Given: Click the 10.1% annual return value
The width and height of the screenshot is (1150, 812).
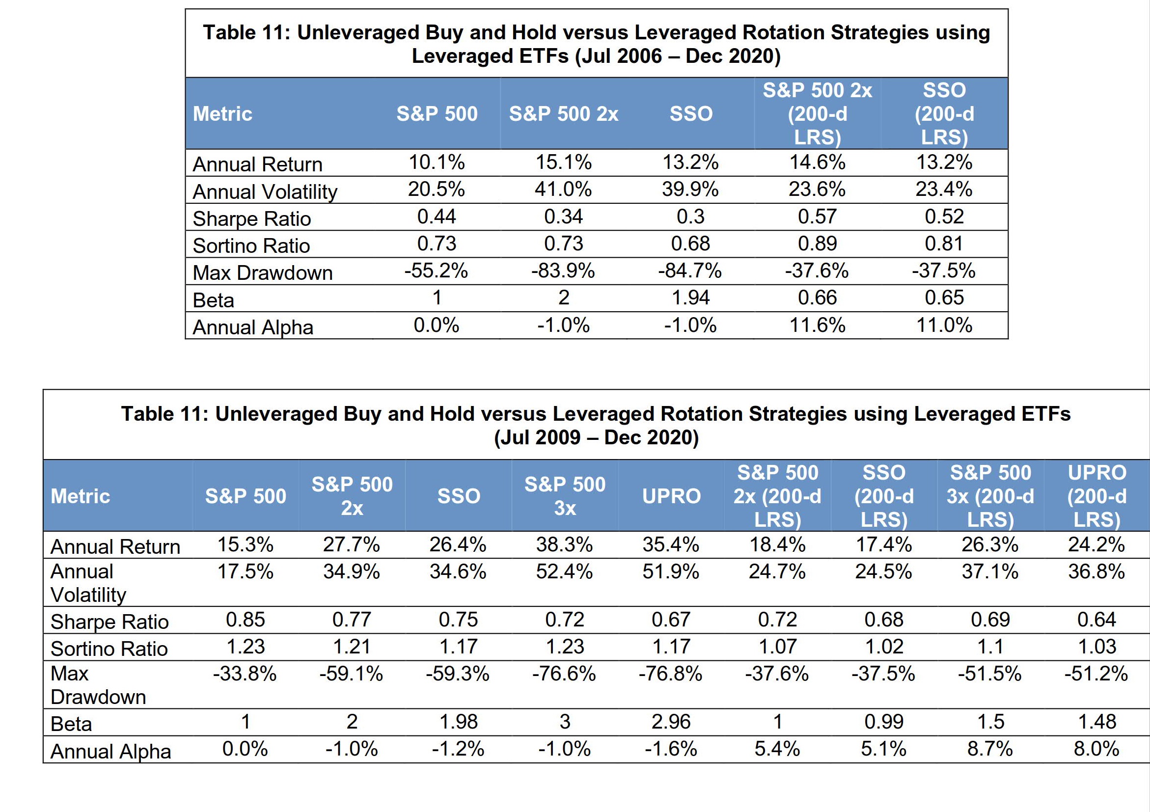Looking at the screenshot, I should [x=436, y=162].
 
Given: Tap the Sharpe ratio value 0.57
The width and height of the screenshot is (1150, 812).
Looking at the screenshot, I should [x=817, y=217].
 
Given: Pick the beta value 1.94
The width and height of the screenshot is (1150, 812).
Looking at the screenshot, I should [x=690, y=298].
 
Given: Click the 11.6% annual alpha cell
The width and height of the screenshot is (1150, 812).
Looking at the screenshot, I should [x=817, y=325].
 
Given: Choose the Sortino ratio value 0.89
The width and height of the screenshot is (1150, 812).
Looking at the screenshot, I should [x=817, y=244].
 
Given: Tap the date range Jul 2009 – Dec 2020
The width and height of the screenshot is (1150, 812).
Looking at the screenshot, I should [x=596, y=437].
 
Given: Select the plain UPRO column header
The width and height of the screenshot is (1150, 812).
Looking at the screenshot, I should [x=671, y=496].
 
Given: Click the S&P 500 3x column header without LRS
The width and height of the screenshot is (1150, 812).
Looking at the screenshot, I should [x=565, y=496].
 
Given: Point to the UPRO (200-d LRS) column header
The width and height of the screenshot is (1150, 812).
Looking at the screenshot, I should [x=1096, y=496].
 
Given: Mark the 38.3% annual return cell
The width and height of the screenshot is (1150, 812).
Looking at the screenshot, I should [x=565, y=544].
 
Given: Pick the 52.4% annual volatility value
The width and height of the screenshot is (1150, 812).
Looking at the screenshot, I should [x=565, y=572].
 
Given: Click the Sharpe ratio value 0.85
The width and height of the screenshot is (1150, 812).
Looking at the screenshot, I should [x=246, y=620].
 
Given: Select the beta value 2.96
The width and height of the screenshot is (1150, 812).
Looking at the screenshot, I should [x=671, y=722].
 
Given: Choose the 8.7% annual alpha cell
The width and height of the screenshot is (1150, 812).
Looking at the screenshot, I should [x=990, y=750].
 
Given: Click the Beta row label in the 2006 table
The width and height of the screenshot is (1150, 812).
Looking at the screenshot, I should [x=214, y=300].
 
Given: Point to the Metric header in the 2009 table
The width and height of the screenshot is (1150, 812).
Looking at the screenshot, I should [x=80, y=496].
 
